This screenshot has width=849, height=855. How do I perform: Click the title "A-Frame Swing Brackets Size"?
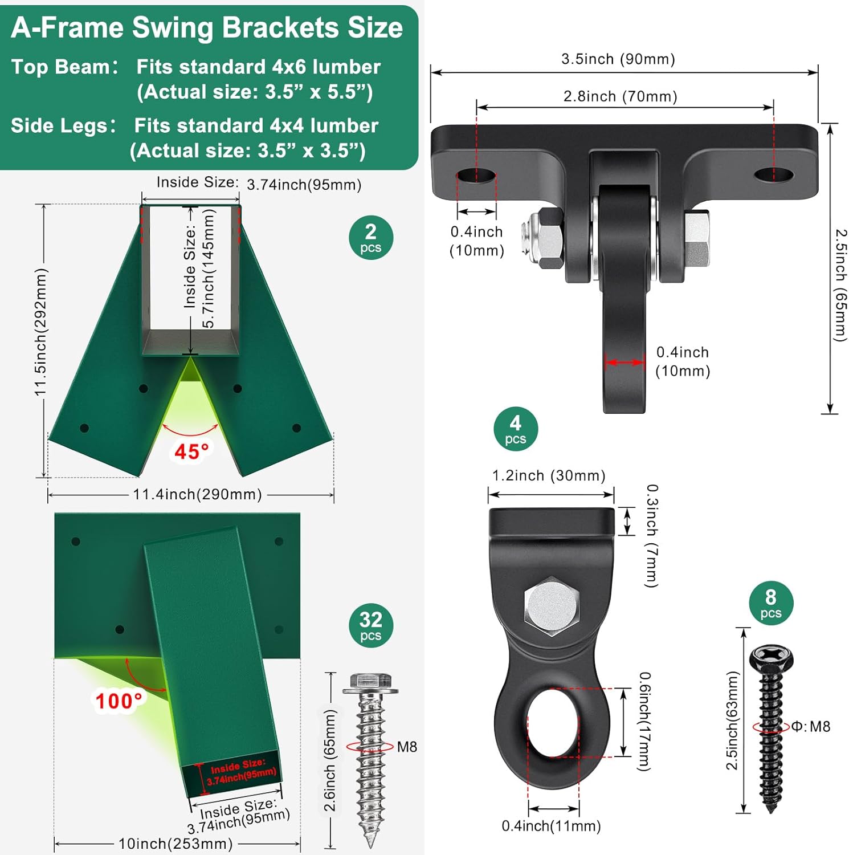point(207,27)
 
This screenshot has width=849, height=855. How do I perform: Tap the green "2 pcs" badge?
point(370,238)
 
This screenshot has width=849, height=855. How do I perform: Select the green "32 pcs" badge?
point(370,625)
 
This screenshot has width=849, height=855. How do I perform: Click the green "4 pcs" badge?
point(515,429)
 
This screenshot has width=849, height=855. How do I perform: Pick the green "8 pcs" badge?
point(770,603)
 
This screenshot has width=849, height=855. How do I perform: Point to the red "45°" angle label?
point(191,451)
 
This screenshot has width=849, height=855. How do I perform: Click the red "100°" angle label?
point(118,701)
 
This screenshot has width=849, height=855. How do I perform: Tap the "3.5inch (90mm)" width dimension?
point(618,59)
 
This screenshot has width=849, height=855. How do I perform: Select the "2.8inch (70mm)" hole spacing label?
point(620,96)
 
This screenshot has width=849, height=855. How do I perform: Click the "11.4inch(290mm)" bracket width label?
point(197,494)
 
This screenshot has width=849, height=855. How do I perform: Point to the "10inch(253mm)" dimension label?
point(175,843)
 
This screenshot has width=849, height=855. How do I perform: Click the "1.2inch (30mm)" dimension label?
point(548,475)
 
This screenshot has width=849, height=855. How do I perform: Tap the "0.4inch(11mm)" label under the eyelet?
point(551,826)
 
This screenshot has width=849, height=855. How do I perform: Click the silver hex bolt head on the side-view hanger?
point(551,606)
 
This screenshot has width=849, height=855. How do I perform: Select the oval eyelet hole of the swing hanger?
point(553,722)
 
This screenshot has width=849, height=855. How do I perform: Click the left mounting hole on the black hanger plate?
point(476,175)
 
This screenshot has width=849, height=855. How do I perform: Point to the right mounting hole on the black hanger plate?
point(773,174)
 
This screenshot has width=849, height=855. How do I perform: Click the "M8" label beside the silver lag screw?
point(407,747)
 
